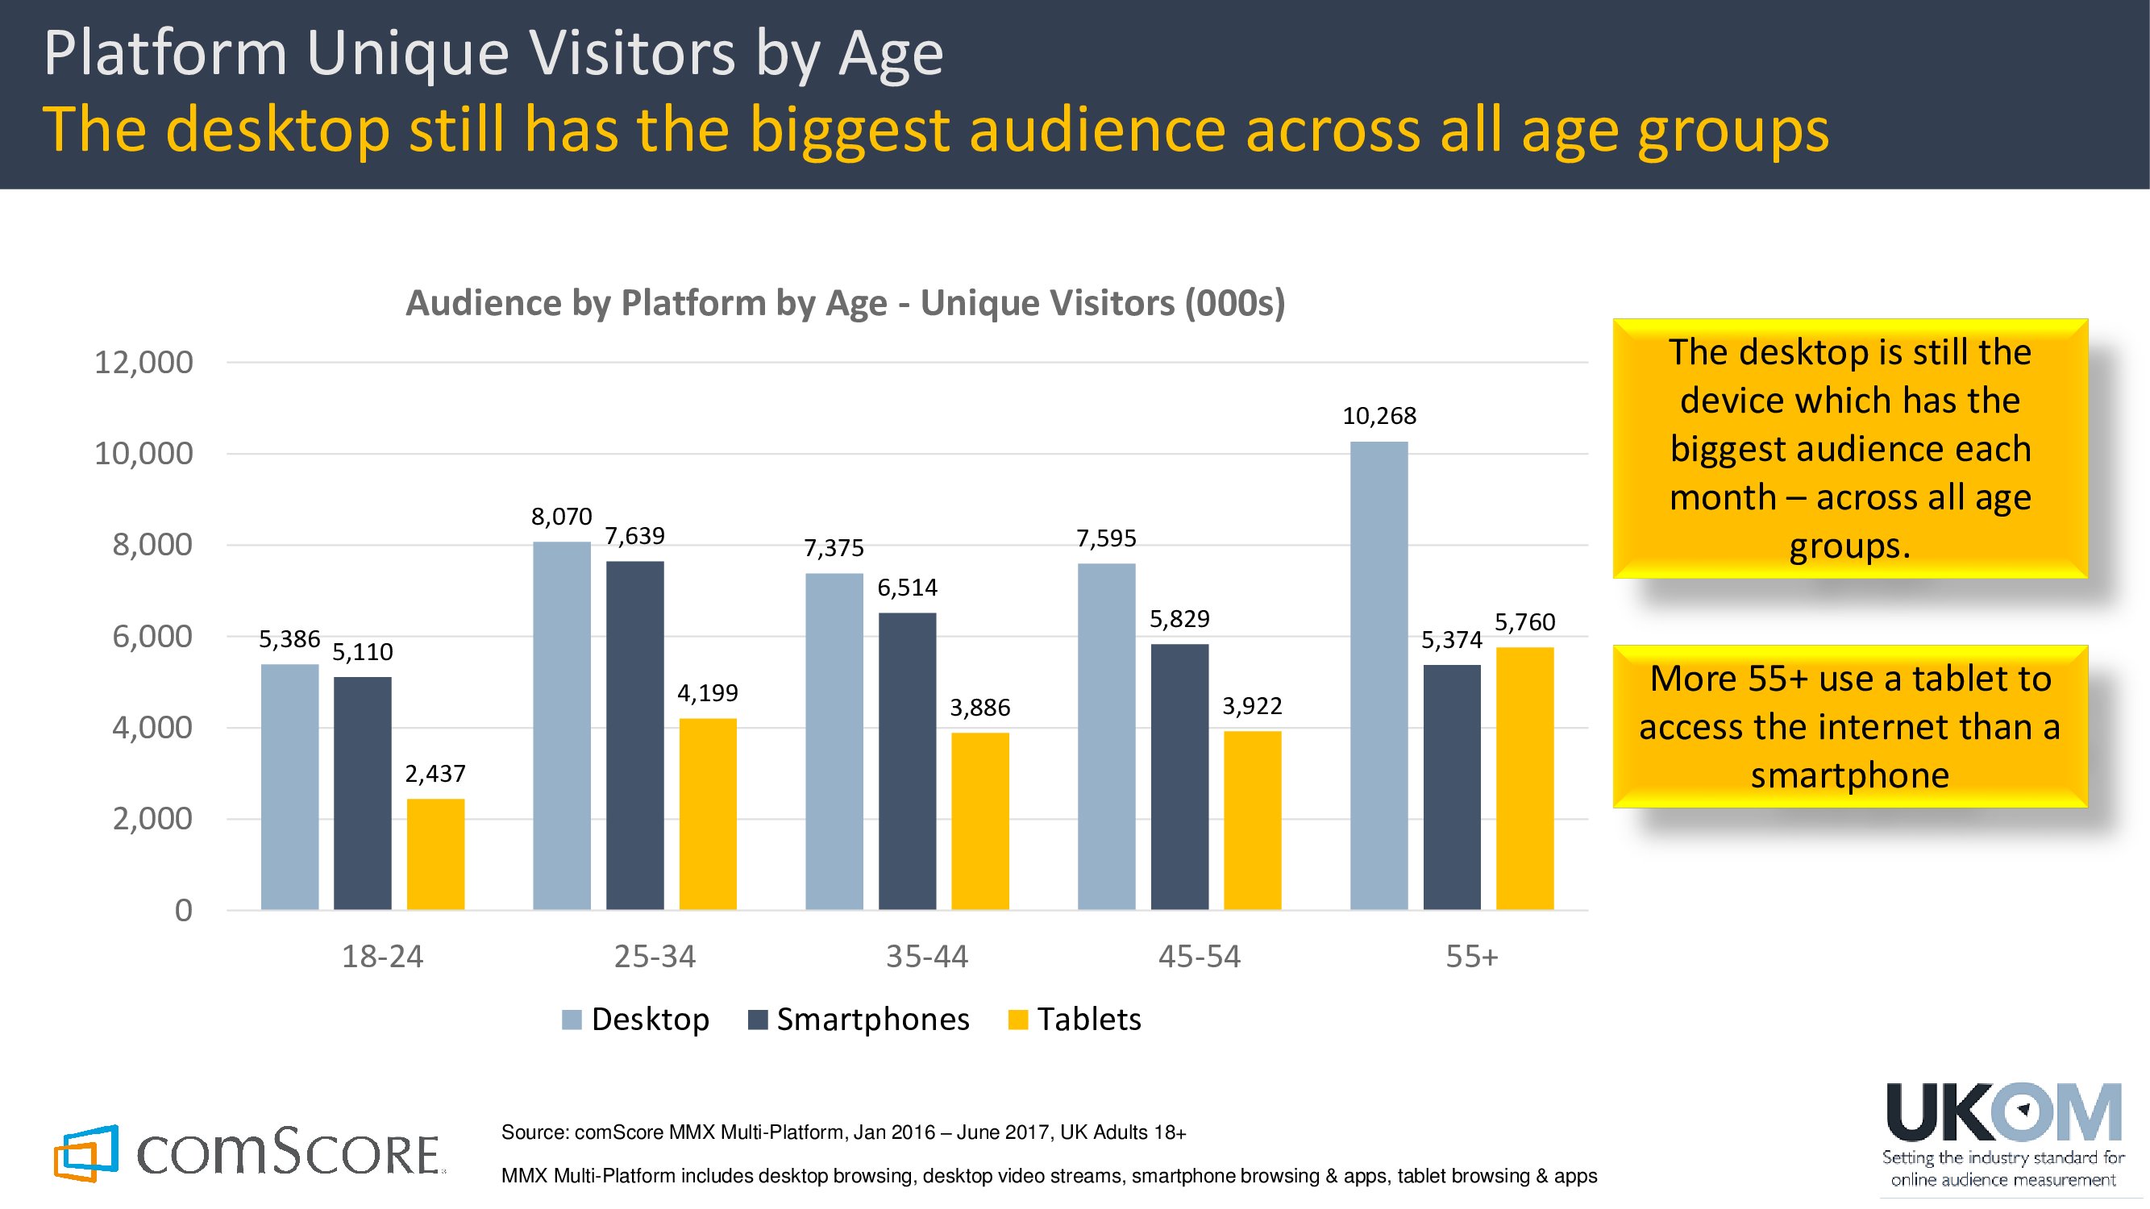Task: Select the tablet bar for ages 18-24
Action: (435, 854)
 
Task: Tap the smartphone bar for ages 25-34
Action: (634, 735)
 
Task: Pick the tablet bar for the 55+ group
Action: (1524, 778)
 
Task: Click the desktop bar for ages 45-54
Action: (1106, 736)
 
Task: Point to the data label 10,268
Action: (1379, 416)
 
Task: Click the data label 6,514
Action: (907, 588)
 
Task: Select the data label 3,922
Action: (1252, 706)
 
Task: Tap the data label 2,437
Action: (435, 775)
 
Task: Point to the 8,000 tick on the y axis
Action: (152, 545)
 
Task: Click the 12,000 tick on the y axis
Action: (143, 363)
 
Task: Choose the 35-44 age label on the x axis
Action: (926, 956)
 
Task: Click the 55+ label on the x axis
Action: (1471, 956)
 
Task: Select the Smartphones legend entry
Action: (872, 1020)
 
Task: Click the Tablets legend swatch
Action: (1017, 1020)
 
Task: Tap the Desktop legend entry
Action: (649, 1020)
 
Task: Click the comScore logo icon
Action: (86, 1153)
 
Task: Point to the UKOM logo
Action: (2003, 1113)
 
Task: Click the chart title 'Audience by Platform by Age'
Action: (845, 303)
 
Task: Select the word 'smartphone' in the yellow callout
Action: (1849, 776)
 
